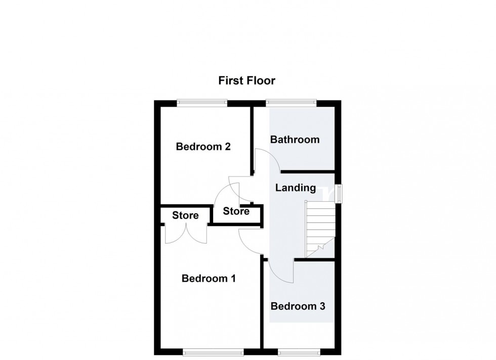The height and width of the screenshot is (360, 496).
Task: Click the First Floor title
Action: coord(247,80)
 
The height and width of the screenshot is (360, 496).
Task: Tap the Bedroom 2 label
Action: coord(203,147)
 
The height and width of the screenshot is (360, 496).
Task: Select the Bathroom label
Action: coord(295,140)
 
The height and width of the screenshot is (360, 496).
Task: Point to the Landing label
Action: coord(296,188)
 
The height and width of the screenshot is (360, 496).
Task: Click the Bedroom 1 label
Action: coord(209,279)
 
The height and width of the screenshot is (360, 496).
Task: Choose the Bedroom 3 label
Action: coord(298,306)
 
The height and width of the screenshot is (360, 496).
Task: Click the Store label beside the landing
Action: coord(236,211)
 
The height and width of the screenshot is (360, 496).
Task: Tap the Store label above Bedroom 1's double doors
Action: coord(185,215)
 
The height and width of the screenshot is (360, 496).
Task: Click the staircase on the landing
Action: coord(320,229)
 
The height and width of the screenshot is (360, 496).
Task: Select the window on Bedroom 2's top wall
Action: coord(202,102)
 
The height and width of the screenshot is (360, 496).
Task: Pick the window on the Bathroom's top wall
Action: coord(292,102)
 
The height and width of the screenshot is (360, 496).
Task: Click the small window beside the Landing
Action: coord(339,194)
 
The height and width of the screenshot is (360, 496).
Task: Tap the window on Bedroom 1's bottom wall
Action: coord(214,352)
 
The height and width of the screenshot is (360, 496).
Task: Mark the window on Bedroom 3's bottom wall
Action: coord(299,352)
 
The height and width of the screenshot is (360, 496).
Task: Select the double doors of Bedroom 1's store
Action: coord(186,234)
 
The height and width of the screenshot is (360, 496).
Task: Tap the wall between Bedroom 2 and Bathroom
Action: coord(253,141)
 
